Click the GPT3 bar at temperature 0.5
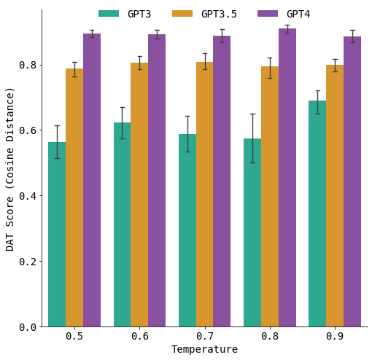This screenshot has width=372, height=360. coord(57,234)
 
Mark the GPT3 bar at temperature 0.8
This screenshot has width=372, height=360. coord(252,232)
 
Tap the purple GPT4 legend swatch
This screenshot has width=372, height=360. coord(268,14)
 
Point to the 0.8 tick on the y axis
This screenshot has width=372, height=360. coord(29,65)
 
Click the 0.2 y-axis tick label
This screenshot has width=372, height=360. coord(29,262)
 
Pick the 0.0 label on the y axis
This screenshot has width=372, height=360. coord(29,327)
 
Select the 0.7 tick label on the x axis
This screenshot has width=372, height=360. coord(204,337)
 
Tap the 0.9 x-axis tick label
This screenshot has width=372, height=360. coord(335,337)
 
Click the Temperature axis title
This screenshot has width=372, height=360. coord(204,350)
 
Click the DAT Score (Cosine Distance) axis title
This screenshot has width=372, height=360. coord(10,168)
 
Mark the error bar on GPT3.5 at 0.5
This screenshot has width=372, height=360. coord(74,69)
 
